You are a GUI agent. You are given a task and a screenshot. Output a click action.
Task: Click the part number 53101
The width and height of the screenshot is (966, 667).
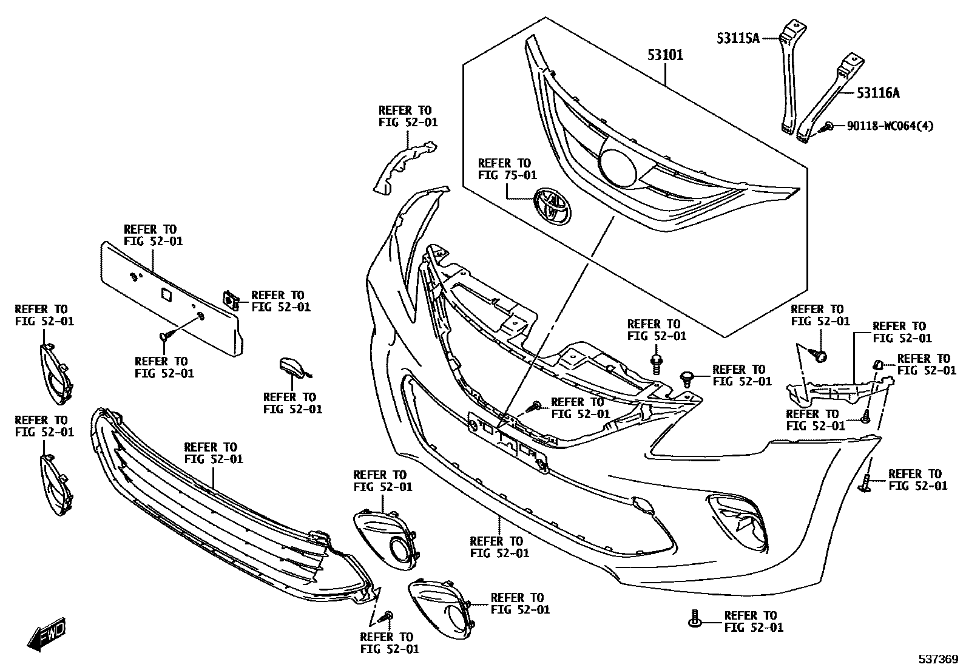(x=665, y=55)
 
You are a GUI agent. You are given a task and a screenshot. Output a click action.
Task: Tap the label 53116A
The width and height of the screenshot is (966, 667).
(x=877, y=93)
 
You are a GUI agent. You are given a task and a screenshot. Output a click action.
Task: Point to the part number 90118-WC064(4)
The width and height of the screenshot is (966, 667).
(x=891, y=126)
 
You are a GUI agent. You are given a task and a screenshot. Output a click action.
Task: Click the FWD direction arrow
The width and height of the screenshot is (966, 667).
(x=46, y=635)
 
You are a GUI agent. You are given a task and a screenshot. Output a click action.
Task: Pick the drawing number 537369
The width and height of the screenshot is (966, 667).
(x=937, y=659)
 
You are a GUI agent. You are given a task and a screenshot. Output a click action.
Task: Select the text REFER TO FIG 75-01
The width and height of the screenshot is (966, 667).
(x=507, y=169)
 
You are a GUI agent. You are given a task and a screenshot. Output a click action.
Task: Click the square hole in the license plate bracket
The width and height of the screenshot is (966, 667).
(x=166, y=294)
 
